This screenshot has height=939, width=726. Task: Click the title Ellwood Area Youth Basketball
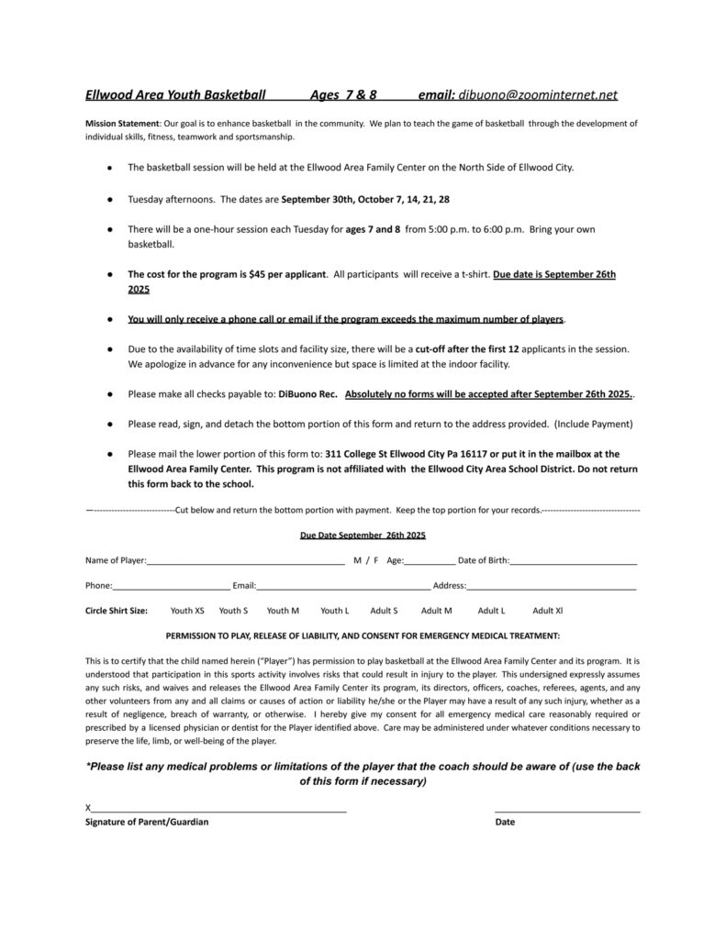(175, 94)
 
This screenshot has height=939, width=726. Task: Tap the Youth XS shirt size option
(187, 610)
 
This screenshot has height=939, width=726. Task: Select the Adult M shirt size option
(436, 610)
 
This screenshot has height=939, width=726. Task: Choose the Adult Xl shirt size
(548, 610)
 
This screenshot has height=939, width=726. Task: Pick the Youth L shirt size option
(334, 610)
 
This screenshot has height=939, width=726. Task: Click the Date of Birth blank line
(574, 561)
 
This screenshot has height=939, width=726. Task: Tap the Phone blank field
(171, 585)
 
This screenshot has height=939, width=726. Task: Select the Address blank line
(552, 585)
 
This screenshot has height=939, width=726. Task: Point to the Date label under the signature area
(505, 823)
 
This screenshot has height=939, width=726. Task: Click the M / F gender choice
(365, 560)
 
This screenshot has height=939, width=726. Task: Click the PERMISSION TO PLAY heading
(363, 635)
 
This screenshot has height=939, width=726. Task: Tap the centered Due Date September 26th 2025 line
(363, 535)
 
